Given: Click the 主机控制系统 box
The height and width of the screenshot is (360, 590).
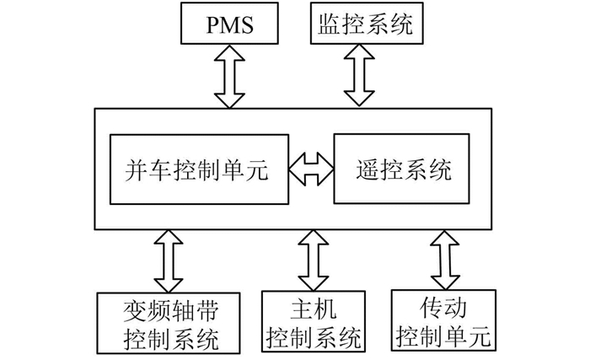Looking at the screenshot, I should (314, 321).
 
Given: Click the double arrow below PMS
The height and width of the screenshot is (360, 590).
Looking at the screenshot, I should (229, 77).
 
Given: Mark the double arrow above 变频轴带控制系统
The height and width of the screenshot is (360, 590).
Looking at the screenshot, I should (168, 261).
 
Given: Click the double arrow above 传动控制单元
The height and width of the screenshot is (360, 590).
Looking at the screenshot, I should (441, 261).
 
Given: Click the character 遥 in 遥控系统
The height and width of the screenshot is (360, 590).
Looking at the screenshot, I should (365, 169).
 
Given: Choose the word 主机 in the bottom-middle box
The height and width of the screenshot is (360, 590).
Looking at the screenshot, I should (314, 308).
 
